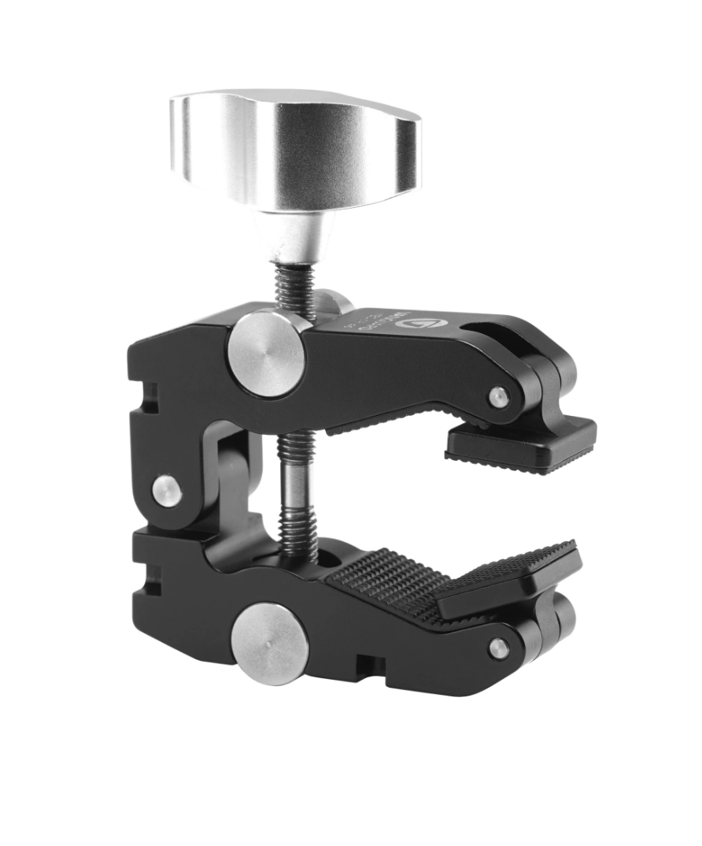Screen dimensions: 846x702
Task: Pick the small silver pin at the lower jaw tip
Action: [498, 649]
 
